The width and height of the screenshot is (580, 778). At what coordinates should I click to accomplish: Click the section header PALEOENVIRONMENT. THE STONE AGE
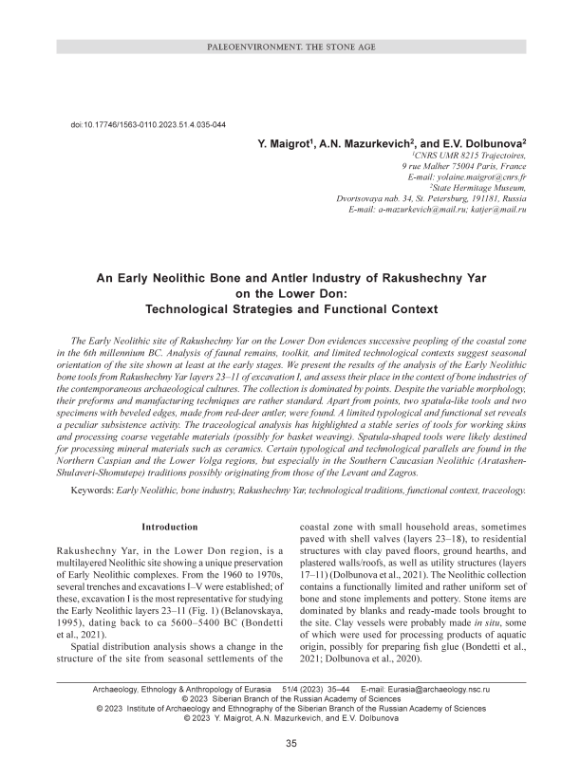[290, 46]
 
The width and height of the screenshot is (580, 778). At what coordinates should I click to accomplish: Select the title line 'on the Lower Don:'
[290, 294]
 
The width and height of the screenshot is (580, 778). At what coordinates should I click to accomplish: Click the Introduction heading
[170, 527]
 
